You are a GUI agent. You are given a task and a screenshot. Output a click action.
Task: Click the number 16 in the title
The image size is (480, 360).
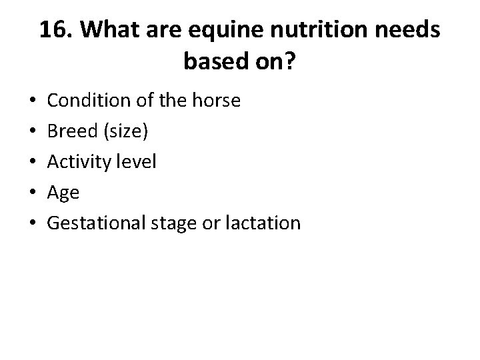tap(54, 30)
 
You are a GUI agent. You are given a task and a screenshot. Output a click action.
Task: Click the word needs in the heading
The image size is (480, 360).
tap(408, 30)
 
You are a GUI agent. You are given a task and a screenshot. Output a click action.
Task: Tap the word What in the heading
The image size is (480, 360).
tap(107, 30)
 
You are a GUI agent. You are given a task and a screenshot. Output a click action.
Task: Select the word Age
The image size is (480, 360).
tap(63, 193)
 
